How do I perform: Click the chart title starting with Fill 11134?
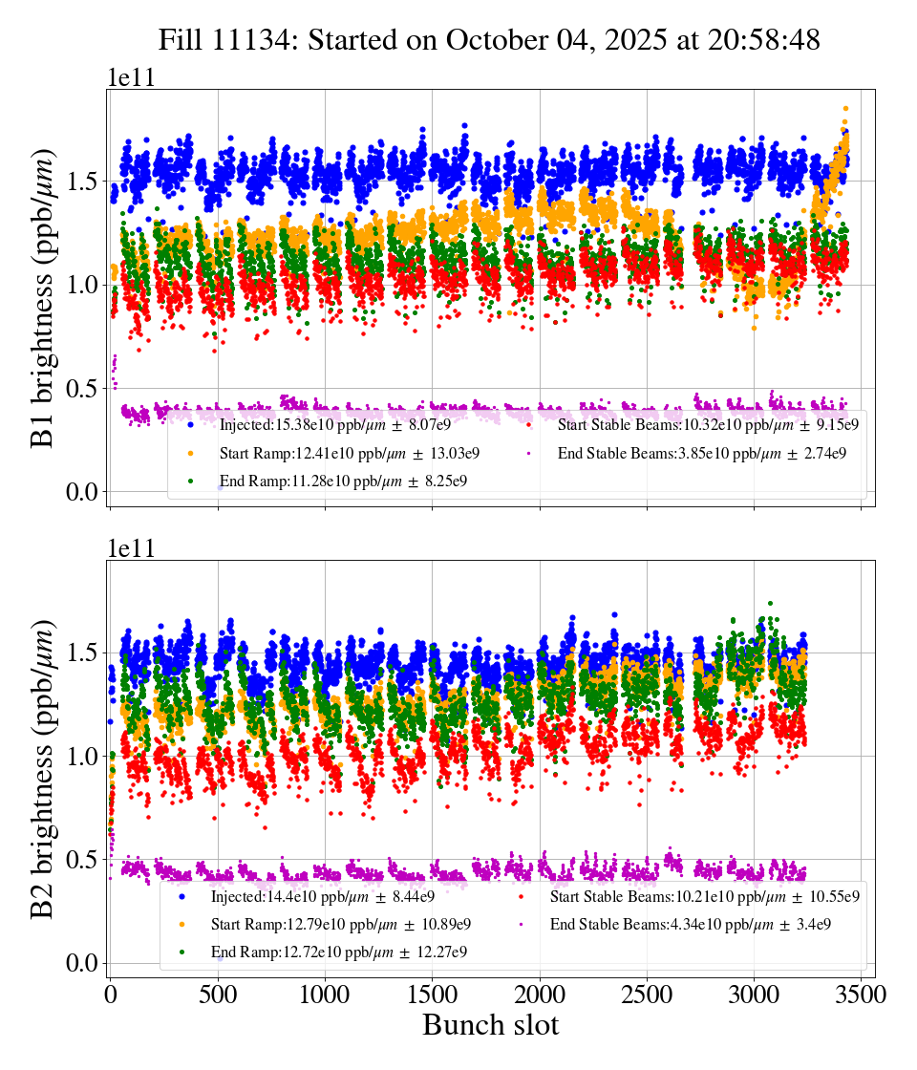pyautogui.click(x=489, y=39)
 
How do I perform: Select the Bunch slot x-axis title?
pyautogui.click(x=490, y=1026)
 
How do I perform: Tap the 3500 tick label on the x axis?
pyautogui.click(x=862, y=995)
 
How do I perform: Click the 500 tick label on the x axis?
pyautogui.click(x=218, y=995)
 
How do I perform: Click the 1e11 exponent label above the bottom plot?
pyautogui.click(x=130, y=549)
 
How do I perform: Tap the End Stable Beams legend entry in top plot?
pyautogui.click(x=702, y=453)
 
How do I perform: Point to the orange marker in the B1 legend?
pyautogui.click(x=190, y=453)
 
